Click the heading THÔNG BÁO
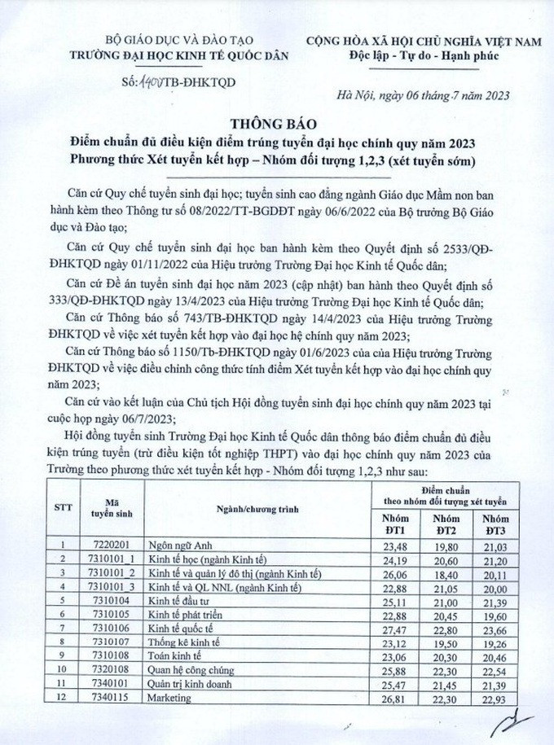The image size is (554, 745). point(276,125)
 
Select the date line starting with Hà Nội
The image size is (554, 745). point(424,95)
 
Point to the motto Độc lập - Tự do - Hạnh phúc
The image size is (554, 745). point(424,55)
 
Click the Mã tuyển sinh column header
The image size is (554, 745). point(106,508)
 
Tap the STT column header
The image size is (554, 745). point(62,508)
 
